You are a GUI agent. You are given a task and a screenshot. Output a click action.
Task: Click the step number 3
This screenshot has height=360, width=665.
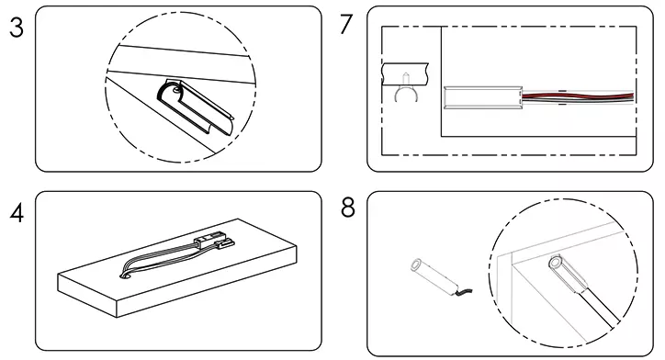[x=16, y=28]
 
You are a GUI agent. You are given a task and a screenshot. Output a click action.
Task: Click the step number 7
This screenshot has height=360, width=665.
[x=345, y=25]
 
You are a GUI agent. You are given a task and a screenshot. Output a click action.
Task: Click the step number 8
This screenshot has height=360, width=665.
[x=347, y=208]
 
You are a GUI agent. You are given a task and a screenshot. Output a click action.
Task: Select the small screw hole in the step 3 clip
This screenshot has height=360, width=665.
[x=170, y=90]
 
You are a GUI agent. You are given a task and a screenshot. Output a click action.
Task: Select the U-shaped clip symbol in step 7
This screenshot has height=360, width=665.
[x=400, y=93]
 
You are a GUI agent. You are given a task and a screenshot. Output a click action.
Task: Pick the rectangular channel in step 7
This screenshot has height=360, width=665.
[x=482, y=96]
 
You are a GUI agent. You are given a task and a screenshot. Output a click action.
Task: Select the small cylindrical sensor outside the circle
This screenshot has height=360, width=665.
[x=432, y=275]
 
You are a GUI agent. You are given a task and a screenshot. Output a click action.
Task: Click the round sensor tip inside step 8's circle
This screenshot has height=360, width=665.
[x=556, y=265]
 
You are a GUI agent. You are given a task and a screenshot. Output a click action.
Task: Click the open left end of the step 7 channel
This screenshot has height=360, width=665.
[x=446, y=96]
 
